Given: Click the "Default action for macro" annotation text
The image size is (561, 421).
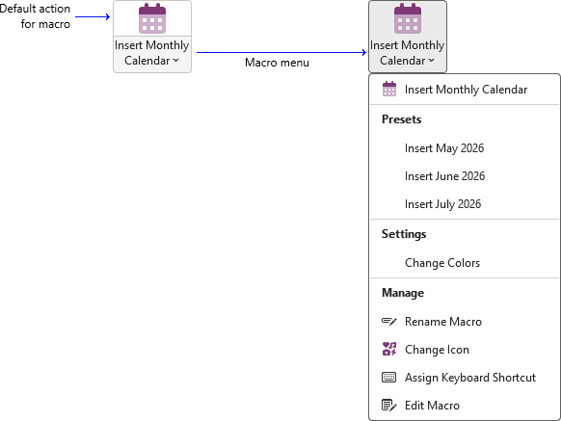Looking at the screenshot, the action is pyautogui.click(x=35, y=16).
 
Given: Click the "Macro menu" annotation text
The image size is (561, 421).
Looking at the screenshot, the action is pyautogui.click(x=277, y=63).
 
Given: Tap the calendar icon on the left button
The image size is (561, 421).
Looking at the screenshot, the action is pyautogui.click(x=152, y=18).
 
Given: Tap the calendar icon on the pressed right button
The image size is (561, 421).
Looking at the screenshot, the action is pyautogui.click(x=408, y=18).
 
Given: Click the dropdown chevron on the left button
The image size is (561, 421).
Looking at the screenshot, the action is pyautogui.click(x=176, y=61).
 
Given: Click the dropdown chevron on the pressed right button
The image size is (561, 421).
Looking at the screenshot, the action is pyautogui.click(x=432, y=61).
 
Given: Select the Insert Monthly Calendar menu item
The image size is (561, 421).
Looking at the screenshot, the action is pyautogui.click(x=466, y=90).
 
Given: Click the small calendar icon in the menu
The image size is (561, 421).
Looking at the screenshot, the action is pyautogui.click(x=389, y=89).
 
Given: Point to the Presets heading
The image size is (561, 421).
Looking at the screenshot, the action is pyautogui.click(x=401, y=119).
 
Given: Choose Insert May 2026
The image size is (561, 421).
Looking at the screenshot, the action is pyautogui.click(x=444, y=148).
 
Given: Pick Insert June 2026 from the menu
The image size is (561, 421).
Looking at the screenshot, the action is pyautogui.click(x=444, y=176).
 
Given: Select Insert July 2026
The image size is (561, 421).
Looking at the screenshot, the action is pyautogui.click(x=443, y=204).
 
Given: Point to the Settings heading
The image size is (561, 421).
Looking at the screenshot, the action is pyautogui.click(x=404, y=234).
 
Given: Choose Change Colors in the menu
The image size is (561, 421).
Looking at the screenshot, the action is pyautogui.click(x=442, y=263).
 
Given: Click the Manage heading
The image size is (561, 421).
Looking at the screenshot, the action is pyautogui.click(x=403, y=293).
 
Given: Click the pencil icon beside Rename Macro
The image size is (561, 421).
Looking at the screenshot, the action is pyautogui.click(x=388, y=322).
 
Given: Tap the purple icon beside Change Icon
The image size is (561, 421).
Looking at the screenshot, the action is pyautogui.click(x=389, y=349).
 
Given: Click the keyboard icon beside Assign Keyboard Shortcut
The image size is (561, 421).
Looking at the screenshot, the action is pyautogui.click(x=388, y=378).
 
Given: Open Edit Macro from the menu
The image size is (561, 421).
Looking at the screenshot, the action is pyautogui.click(x=432, y=406).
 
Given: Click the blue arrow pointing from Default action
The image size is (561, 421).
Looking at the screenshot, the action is pyautogui.click(x=93, y=16).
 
